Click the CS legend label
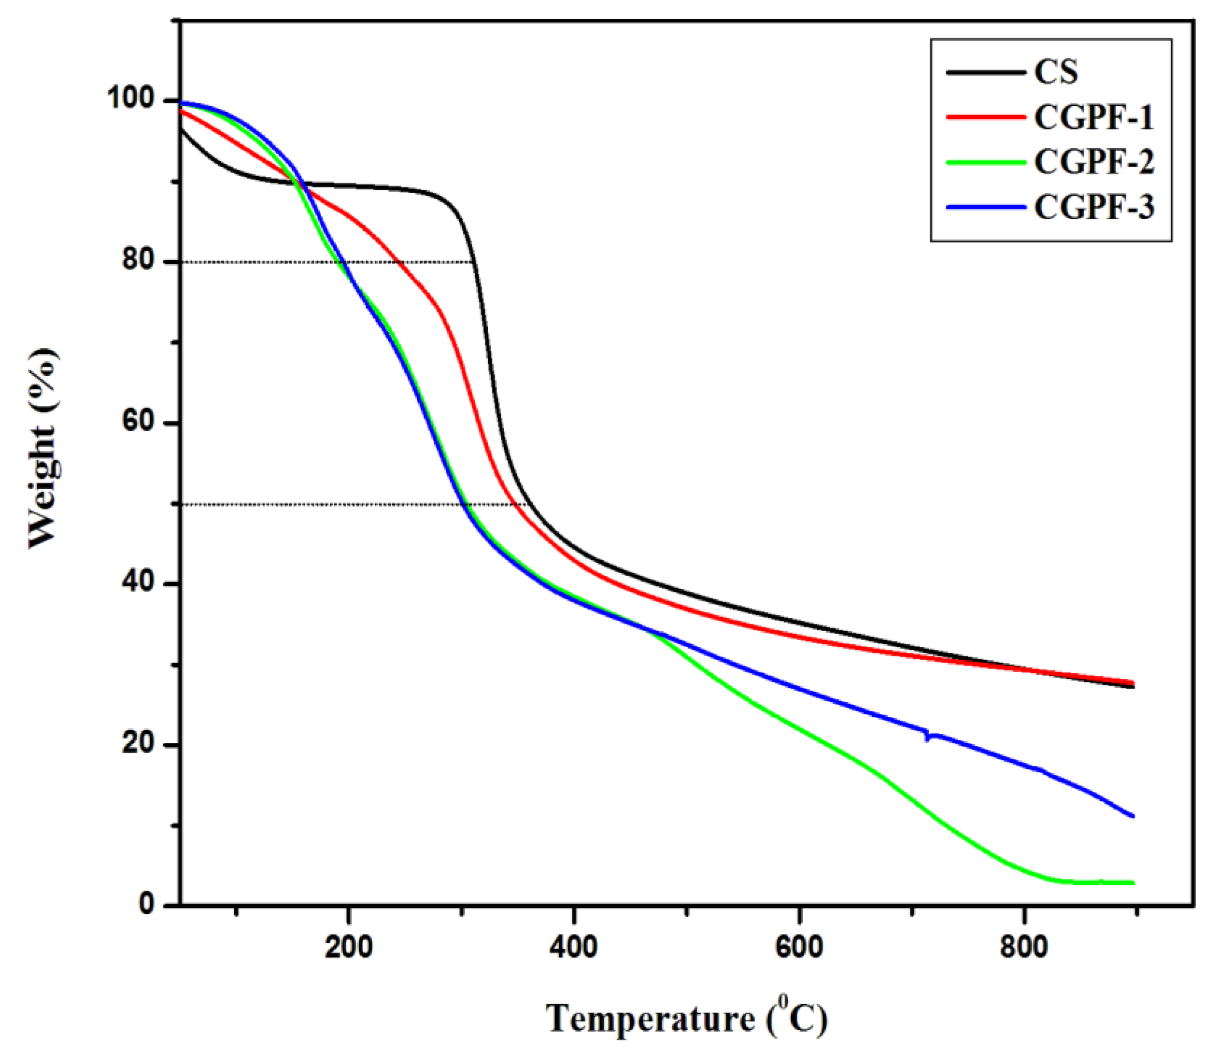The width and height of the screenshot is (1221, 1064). click(1055, 72)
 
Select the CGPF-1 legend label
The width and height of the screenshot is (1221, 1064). click(1093, 117)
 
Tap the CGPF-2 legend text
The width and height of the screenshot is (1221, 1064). click(1094, 162)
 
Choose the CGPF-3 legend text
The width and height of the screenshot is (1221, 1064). click(1094, 207)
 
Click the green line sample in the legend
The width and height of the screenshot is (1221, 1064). click(986, 162)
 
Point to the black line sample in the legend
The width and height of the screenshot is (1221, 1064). click(986, 72)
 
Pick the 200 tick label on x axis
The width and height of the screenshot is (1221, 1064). click(349, 948)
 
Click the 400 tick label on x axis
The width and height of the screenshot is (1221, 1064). click(574, 948)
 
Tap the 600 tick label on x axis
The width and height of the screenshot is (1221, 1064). click(799, 948)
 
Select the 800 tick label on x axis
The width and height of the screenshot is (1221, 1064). click(1024, 948)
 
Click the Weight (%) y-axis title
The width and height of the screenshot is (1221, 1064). click(45, 448)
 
